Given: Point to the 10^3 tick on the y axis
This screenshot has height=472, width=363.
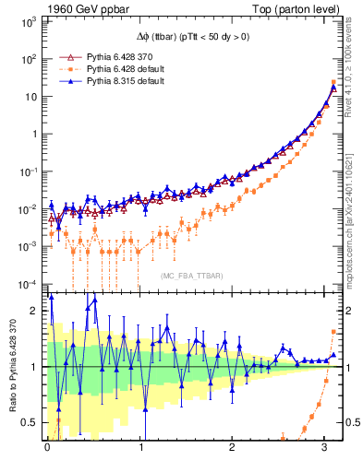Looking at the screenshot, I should point(30,20).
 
